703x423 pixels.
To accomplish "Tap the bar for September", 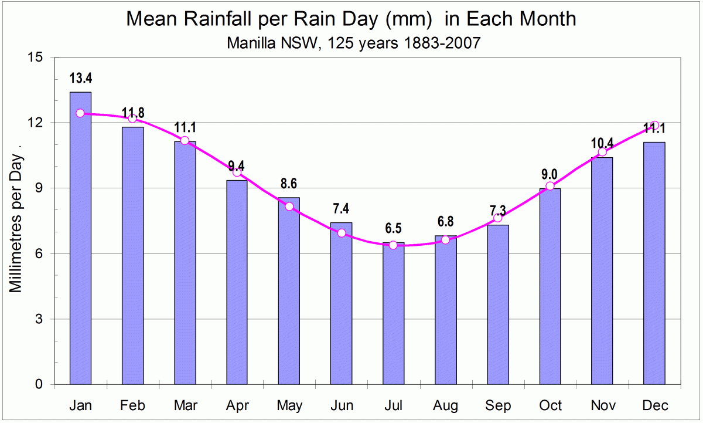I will point(498,304).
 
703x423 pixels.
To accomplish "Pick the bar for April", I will point(237,282).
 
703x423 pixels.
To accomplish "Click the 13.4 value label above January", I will point(81,79).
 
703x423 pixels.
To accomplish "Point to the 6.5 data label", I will point(394,229).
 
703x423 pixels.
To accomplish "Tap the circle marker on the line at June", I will point(342,233).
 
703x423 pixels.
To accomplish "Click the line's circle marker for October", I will point(550,186).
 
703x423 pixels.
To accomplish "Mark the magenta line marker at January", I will point(80,113).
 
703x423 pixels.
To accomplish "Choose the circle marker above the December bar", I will point(655,126).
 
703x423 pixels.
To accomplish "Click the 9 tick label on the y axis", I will point(40,188).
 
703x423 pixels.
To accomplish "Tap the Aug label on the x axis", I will point(446,406).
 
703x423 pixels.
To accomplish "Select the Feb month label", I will point(132,406).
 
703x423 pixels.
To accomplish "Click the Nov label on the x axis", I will point(603,406).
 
